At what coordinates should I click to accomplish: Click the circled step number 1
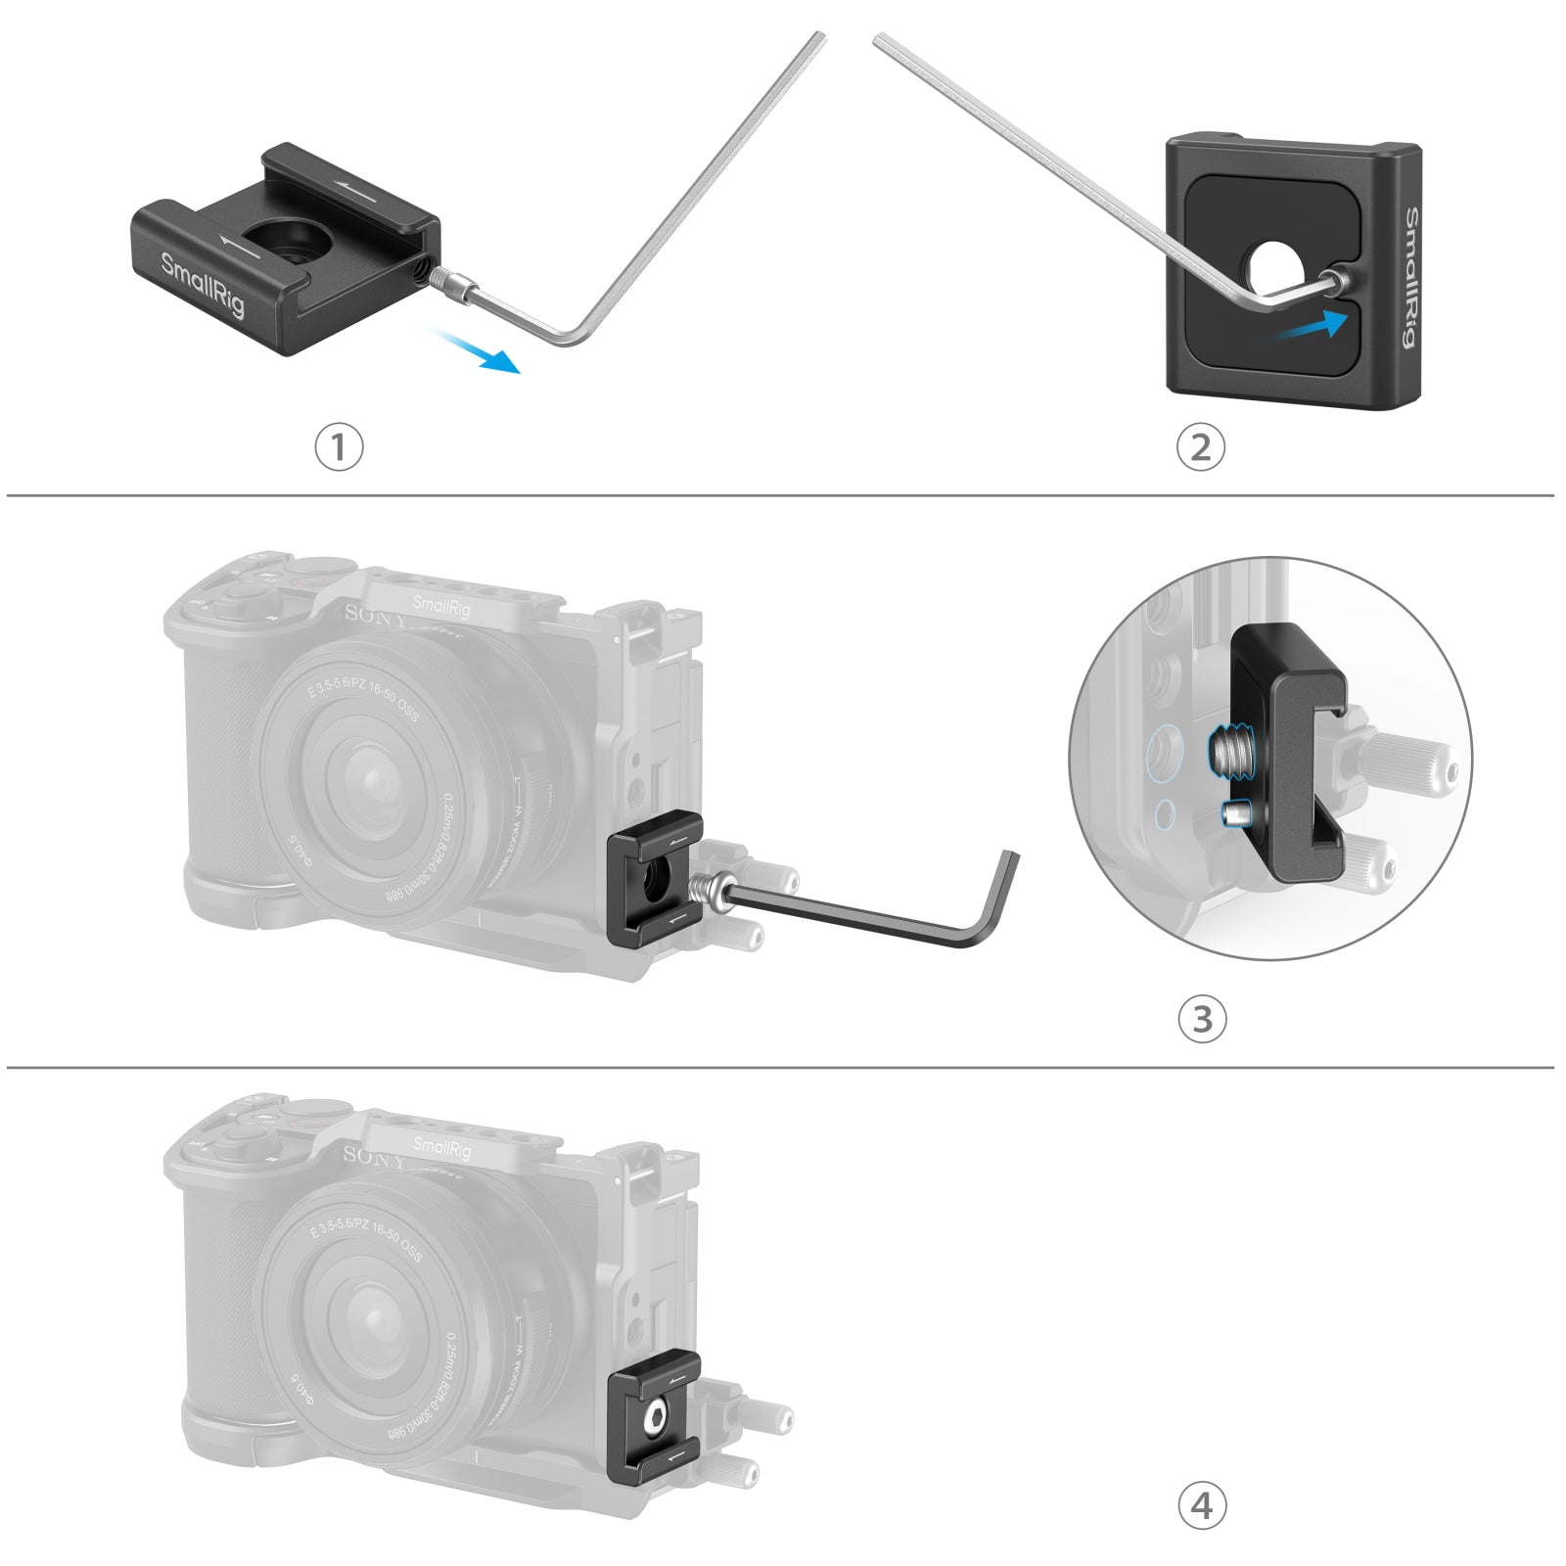(339, 447)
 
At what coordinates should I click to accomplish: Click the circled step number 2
(1200, 447)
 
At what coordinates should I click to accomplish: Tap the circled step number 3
(1201, 1019)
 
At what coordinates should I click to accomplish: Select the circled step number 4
(1201, 1506)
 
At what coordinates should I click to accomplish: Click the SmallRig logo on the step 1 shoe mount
(203, 284)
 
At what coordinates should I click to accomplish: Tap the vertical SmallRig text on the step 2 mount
(1410, 277)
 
